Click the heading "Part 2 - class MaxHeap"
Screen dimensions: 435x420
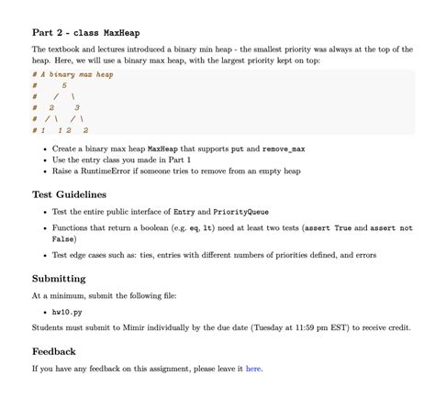click(x=85, y=33)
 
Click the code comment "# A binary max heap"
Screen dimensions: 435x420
click(x=72, y=74)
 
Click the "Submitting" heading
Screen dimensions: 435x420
click(x=59, y=278)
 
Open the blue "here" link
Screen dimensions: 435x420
click(x=253, y=369)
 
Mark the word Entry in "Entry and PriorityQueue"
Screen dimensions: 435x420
click(x=187, y=211)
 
